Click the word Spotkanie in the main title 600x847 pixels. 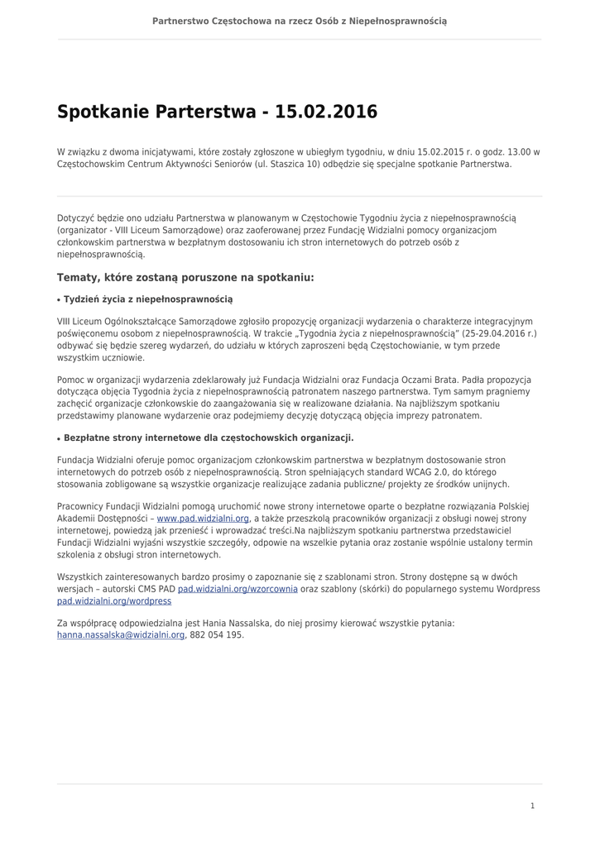103,112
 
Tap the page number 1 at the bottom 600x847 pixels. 532,805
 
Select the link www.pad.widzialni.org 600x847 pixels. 203,519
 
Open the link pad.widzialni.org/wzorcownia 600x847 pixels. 238,589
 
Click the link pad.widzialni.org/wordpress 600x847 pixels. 114,601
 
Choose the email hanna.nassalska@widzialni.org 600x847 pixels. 121,635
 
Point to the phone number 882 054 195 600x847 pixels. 217,635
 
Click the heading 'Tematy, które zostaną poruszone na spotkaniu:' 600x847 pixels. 185,278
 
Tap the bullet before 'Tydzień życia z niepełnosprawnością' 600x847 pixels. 59,299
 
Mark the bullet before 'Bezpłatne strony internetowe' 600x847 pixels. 59,438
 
